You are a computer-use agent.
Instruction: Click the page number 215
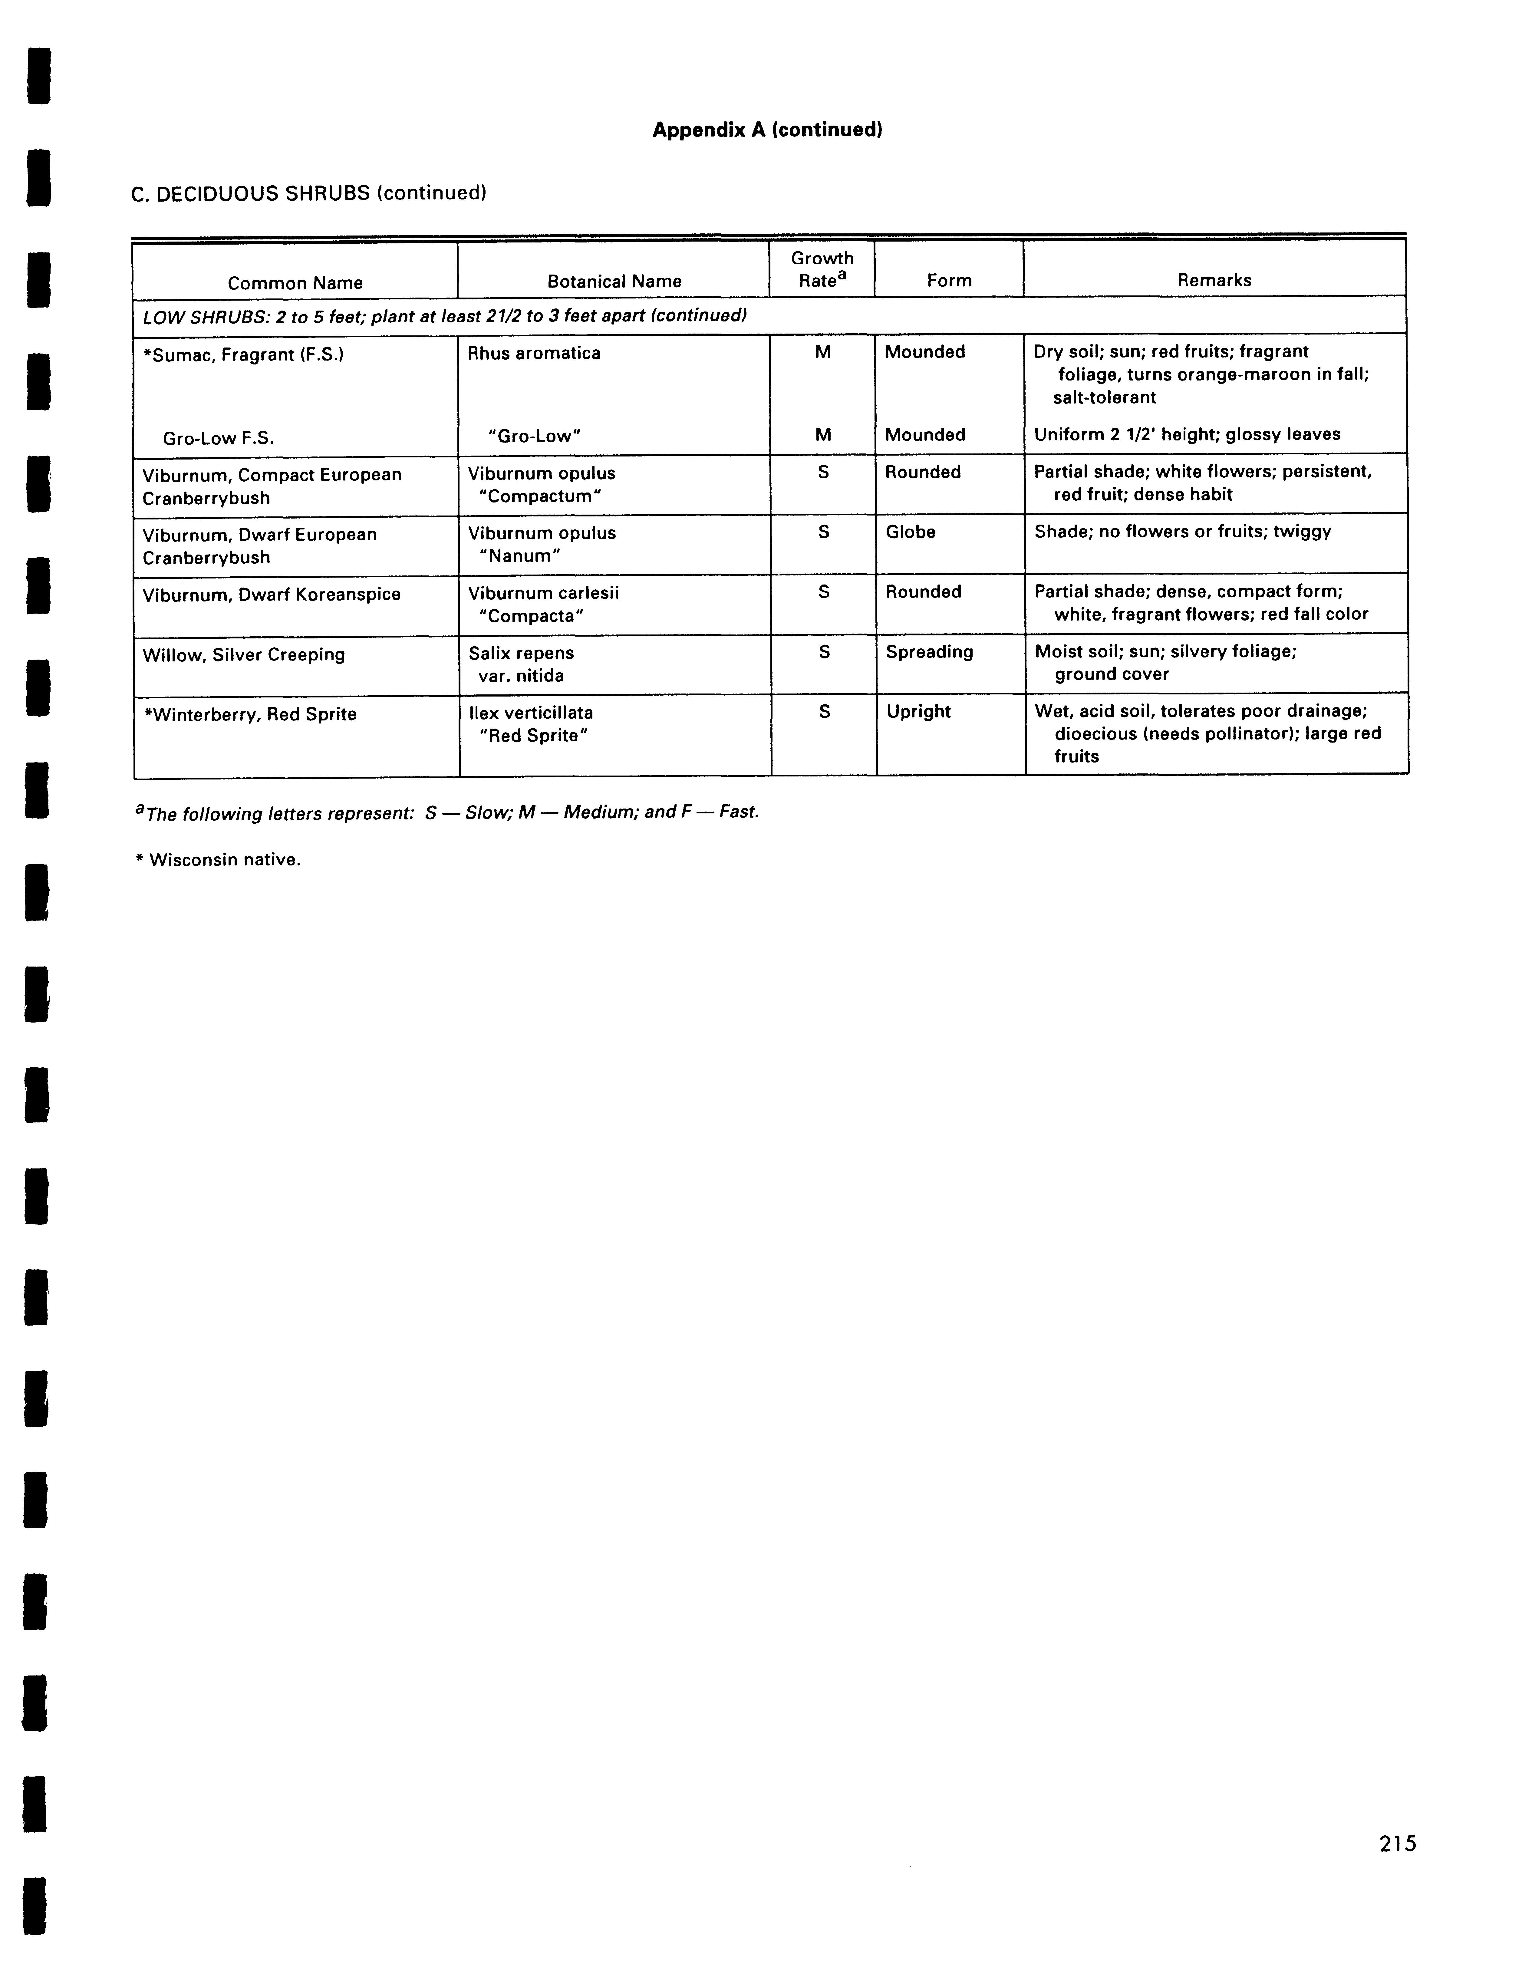pyautogui.click(x=1397, y=1843)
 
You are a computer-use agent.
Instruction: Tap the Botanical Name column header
pyautogui.click(x=614, y=281)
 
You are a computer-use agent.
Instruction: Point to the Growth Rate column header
pyautogui.click(x=821, y=269)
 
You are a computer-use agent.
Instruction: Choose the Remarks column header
pyautogui.click(x=1214, y=280)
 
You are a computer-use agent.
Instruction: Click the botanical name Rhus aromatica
pyautogui.click(x=533, y=353)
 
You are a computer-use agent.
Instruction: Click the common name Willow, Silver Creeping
pyautogui.click(x=243, y=655)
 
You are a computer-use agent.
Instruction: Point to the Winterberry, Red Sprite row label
pyautogui.click(x=249, y=714)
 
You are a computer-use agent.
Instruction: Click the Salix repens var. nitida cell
pyautogui.click(x=521, y=664)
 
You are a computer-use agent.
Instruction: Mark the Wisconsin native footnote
pyautogui.click(x=218, y=860)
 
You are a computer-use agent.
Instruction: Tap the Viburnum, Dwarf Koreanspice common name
pyautogui.click(x=271, y=595)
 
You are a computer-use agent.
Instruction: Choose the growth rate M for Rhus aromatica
pyautogui.click(x=822, y=352)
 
